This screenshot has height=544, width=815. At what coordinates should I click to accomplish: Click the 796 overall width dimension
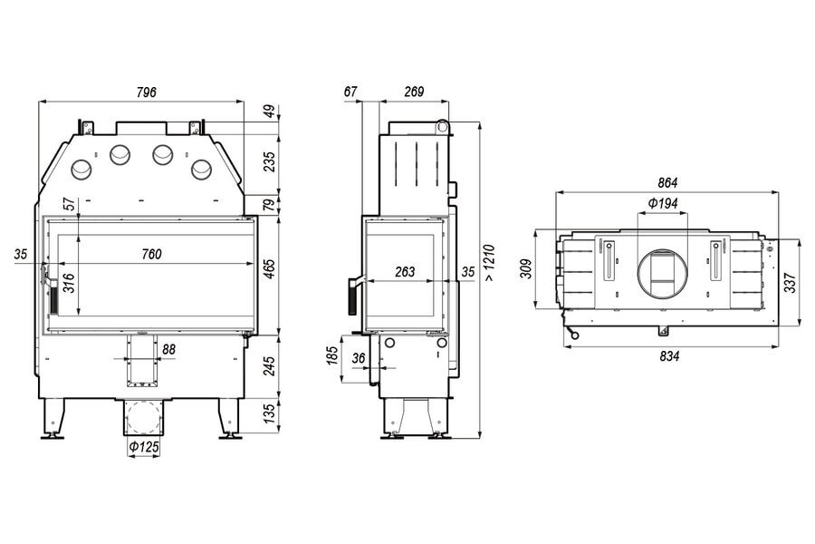[x=147, y=92]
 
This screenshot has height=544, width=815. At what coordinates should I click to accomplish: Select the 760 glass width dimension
[x=151, y=254]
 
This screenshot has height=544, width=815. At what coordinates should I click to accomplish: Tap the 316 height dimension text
[x=68, y=287]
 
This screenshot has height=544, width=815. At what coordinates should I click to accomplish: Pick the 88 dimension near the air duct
[x=169, y=349]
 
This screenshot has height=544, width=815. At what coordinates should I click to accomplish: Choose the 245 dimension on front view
[x=268, y=365]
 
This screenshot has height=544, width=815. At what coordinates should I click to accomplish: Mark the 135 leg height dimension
[x=268, y=415]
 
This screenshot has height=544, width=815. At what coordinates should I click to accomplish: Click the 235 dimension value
[x=268, y=161]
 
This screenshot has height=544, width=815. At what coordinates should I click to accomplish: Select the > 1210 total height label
[x=489, y=263]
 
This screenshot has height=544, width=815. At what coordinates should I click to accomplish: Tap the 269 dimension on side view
[x=413, y=92]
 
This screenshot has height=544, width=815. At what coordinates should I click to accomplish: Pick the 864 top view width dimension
[x=667, y=182]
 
